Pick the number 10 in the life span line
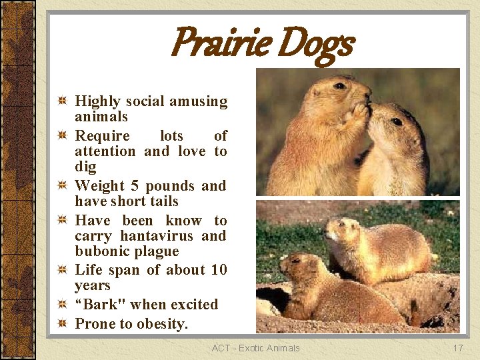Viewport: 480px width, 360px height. pyautogui.click(x=219, y=270)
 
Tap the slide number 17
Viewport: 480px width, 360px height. pyautogui.click(x=458, y=348)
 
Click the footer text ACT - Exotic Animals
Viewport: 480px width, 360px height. pyautogui.click(x=256, y=348)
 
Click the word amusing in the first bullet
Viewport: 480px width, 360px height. pyautogui.click(x=199, y=101)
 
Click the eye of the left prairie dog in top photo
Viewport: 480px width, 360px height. pyautogui.click(x=339, y=86)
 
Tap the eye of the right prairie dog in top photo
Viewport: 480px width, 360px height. pyautogui.click(x=397, y=122)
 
